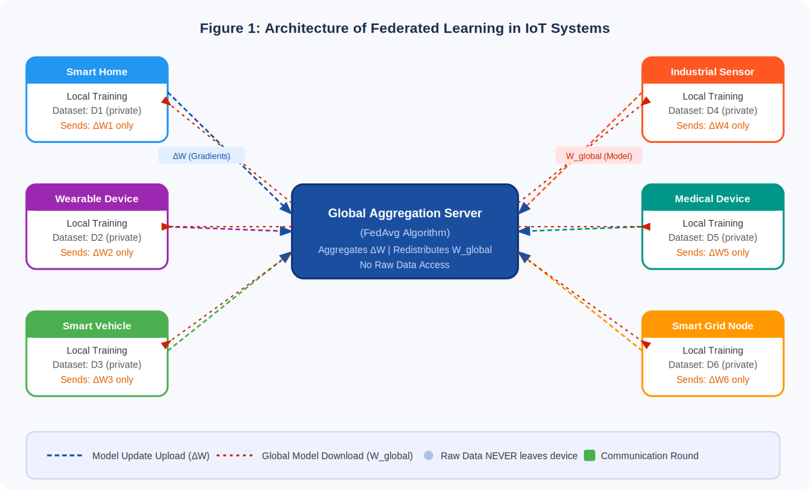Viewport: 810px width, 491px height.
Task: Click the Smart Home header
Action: [97, 71]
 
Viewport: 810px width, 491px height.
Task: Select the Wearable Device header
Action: [97, 198]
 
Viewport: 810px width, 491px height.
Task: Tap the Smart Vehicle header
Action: [97, 325]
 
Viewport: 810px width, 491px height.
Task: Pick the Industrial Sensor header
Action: [712, 71]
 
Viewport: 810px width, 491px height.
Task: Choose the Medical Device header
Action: [712, 198]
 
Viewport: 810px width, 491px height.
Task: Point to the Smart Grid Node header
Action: [712, 325]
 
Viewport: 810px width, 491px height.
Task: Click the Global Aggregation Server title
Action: [405, 213]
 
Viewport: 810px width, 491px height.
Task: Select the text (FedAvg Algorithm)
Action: [405, 233]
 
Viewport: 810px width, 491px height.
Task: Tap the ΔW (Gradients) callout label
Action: [201, 156]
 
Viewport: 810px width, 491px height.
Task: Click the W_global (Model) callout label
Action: [599, 156]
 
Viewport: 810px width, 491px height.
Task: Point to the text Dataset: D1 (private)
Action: [97, 111]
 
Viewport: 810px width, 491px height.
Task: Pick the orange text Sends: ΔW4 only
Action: [712, 125]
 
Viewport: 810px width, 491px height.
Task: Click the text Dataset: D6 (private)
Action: [712, 365]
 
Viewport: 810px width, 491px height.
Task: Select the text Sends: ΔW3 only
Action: [97, 380]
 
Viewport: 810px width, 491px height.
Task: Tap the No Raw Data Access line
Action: [405, 265]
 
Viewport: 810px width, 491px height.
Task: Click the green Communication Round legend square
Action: [589, 455]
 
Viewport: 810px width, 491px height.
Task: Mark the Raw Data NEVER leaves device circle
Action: [428, 455]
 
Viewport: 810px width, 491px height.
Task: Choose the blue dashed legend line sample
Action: [64, 455]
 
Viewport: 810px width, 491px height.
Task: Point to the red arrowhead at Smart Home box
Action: [164, 100]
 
